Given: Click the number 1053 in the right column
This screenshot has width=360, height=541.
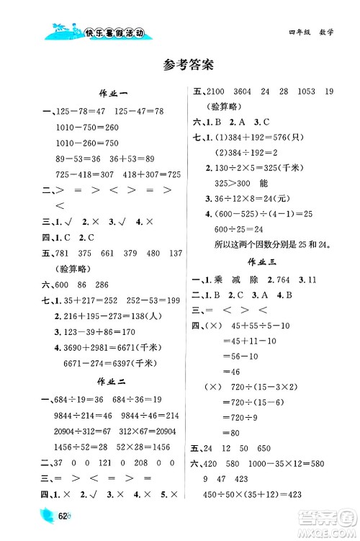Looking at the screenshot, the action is (302, 92).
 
